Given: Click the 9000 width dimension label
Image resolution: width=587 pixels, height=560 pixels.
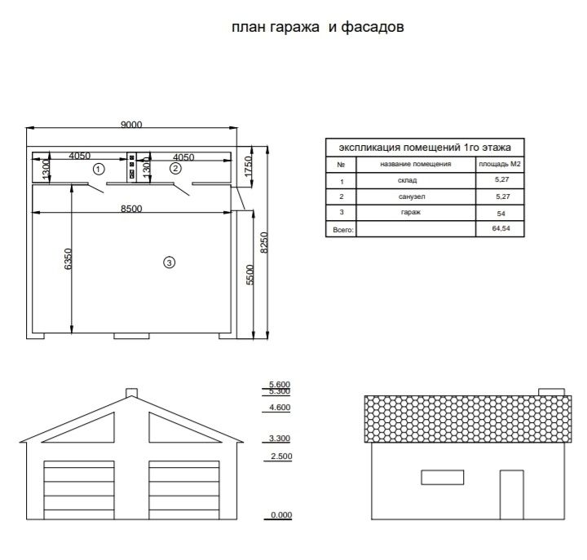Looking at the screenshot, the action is tap(131, 124).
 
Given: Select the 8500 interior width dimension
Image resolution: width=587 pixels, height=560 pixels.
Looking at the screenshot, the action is tap(131, 209).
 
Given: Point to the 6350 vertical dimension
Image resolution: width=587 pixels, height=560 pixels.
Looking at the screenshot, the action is tap(68, 258).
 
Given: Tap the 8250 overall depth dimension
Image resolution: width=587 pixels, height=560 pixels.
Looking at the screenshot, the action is tap(264, 243).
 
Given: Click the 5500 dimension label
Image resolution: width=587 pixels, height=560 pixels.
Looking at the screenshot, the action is tap(249, 275).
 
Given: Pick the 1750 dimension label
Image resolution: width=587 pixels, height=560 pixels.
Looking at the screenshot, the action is tap(248, 166).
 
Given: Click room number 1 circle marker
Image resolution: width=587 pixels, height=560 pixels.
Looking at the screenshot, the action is tap(99, 170).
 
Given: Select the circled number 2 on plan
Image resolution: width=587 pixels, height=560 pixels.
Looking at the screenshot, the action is tap(175, 169).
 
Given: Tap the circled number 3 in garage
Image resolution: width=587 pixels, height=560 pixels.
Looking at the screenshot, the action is tap(170, 262).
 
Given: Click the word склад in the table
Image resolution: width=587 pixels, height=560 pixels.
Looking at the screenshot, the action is tap(407, 180).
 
